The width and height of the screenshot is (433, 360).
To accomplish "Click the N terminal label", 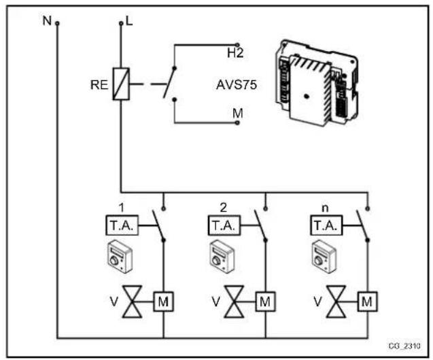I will coord(47,20).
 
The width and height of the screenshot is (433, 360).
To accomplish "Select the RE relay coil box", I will coord(120,85).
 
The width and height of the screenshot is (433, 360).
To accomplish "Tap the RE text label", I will coord(99,86).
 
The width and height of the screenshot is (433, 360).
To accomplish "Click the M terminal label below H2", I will coord(237,112).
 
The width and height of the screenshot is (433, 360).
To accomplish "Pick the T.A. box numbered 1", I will coord(122,225).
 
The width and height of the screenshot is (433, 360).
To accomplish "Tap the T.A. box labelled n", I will coord(324,225).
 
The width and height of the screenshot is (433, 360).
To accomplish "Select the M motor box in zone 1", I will coord(163,299).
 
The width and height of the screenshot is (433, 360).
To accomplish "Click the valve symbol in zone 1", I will coord(131,299).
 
